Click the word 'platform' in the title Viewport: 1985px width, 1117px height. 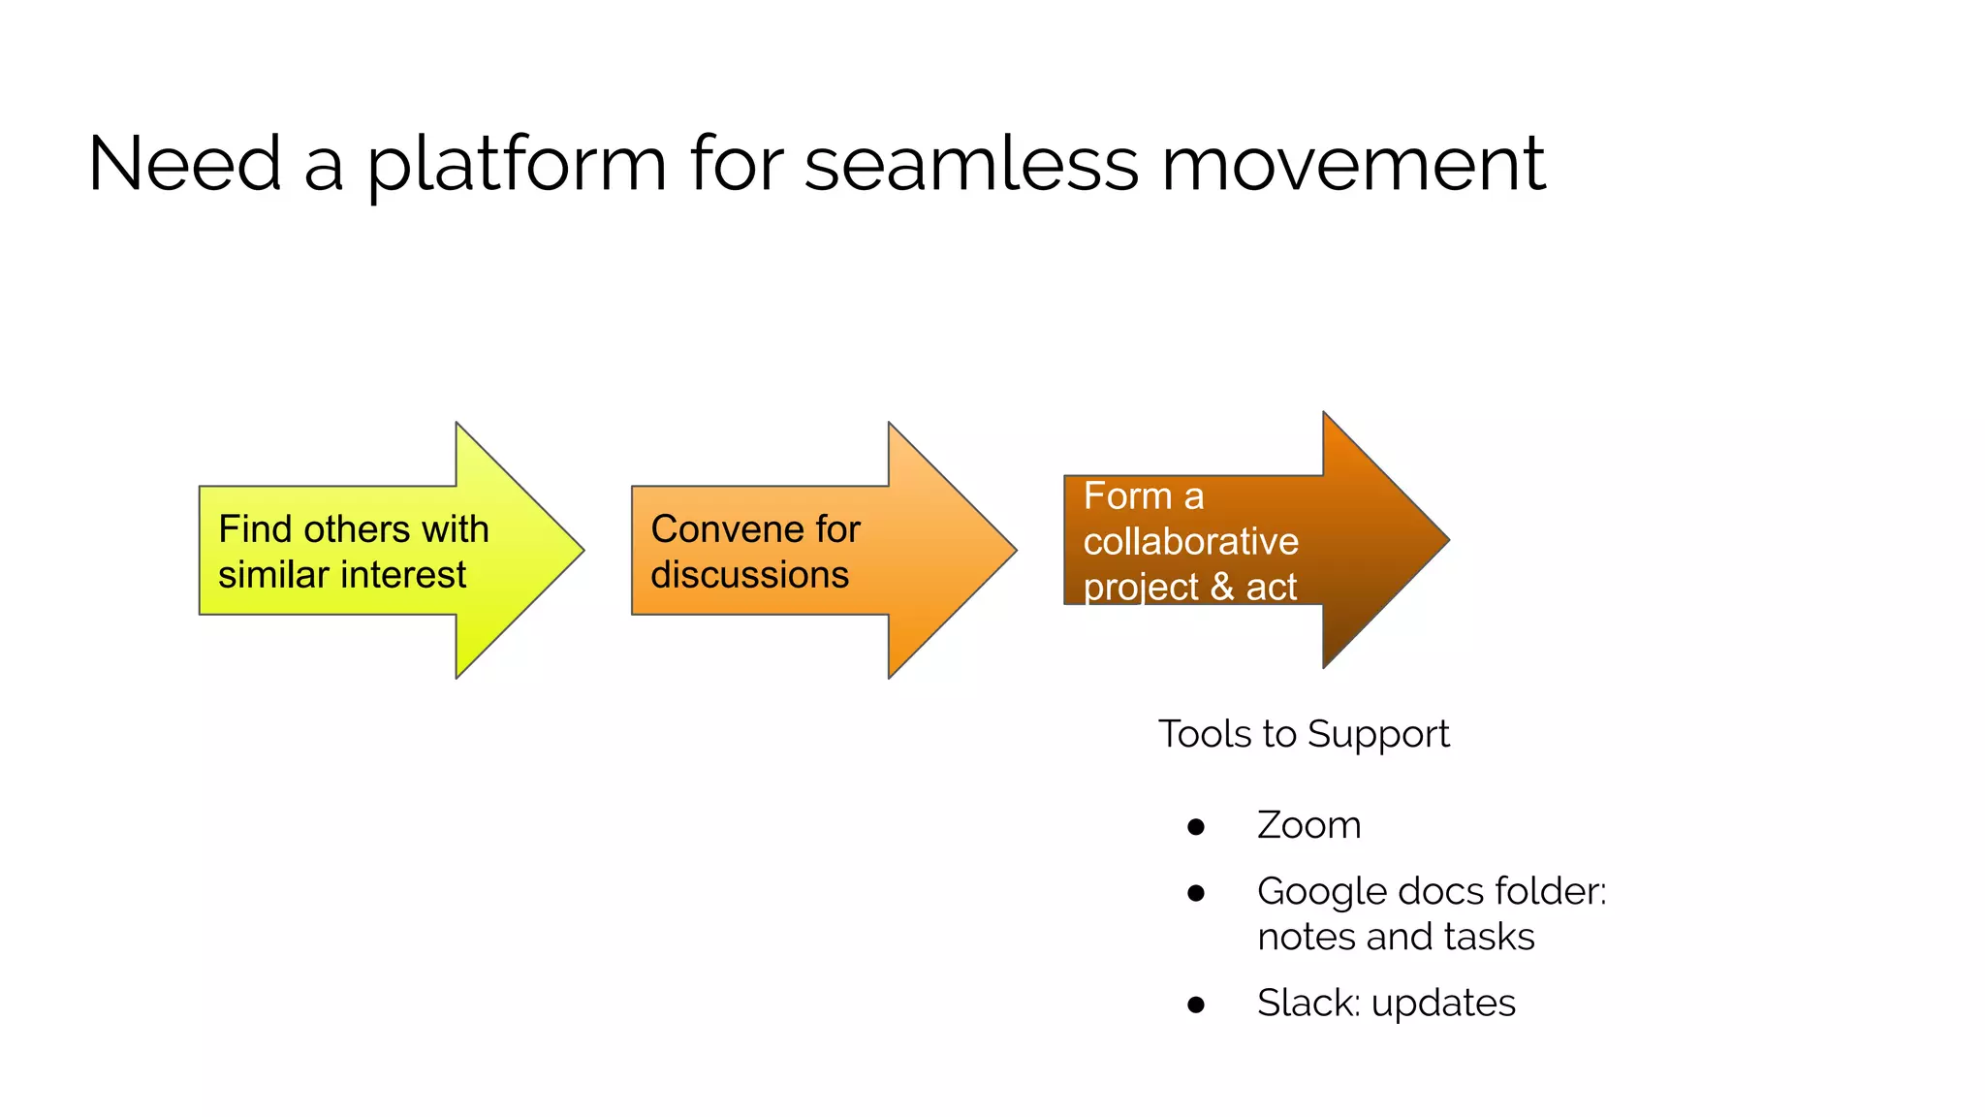point(516,165)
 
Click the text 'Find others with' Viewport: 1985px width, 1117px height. point(354,529)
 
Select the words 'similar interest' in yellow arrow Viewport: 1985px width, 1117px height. point(342,575)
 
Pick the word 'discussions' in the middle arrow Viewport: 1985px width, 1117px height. point(749,575)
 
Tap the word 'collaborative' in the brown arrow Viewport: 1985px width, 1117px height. point(1190,542)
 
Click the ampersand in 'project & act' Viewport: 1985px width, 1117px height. point(1221,588)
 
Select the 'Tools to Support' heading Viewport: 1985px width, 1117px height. point(1303,734)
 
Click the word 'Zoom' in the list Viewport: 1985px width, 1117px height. point(1308,825)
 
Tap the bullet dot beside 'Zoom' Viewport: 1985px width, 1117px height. point(1196,827)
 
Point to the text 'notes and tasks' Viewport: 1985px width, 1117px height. point(1395,937)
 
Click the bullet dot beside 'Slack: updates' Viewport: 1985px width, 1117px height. point(1196,1005)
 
